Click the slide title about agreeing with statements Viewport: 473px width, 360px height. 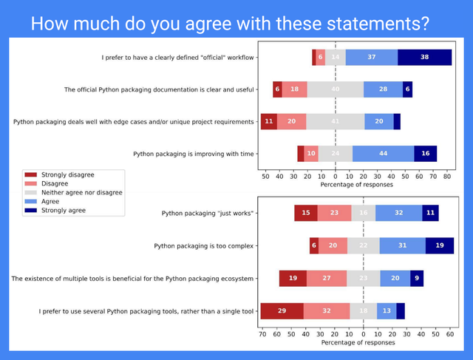[229, 22]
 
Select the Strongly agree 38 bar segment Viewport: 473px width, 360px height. [424, 57]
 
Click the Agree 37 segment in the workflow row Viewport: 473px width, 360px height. [371, 57]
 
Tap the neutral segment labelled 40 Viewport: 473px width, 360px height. [335, 89]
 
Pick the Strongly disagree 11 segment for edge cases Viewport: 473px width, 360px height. [269, 121]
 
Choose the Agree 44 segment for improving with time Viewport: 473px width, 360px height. [383, 154]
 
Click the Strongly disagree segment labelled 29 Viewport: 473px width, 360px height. [282, 311]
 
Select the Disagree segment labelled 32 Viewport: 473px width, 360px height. [326, 311]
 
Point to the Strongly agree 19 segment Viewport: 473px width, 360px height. [440, 246]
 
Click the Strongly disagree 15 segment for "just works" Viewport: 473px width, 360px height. [306, 214]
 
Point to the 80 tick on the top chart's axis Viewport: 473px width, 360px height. [447, 177]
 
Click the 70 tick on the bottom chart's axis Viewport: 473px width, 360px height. [263, 335]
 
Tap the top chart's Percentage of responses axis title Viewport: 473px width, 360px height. [356, 185]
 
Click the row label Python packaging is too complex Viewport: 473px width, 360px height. [204, 246]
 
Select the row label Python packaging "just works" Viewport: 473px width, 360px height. [208, 214]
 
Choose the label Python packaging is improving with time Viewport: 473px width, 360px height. [194, 154]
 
